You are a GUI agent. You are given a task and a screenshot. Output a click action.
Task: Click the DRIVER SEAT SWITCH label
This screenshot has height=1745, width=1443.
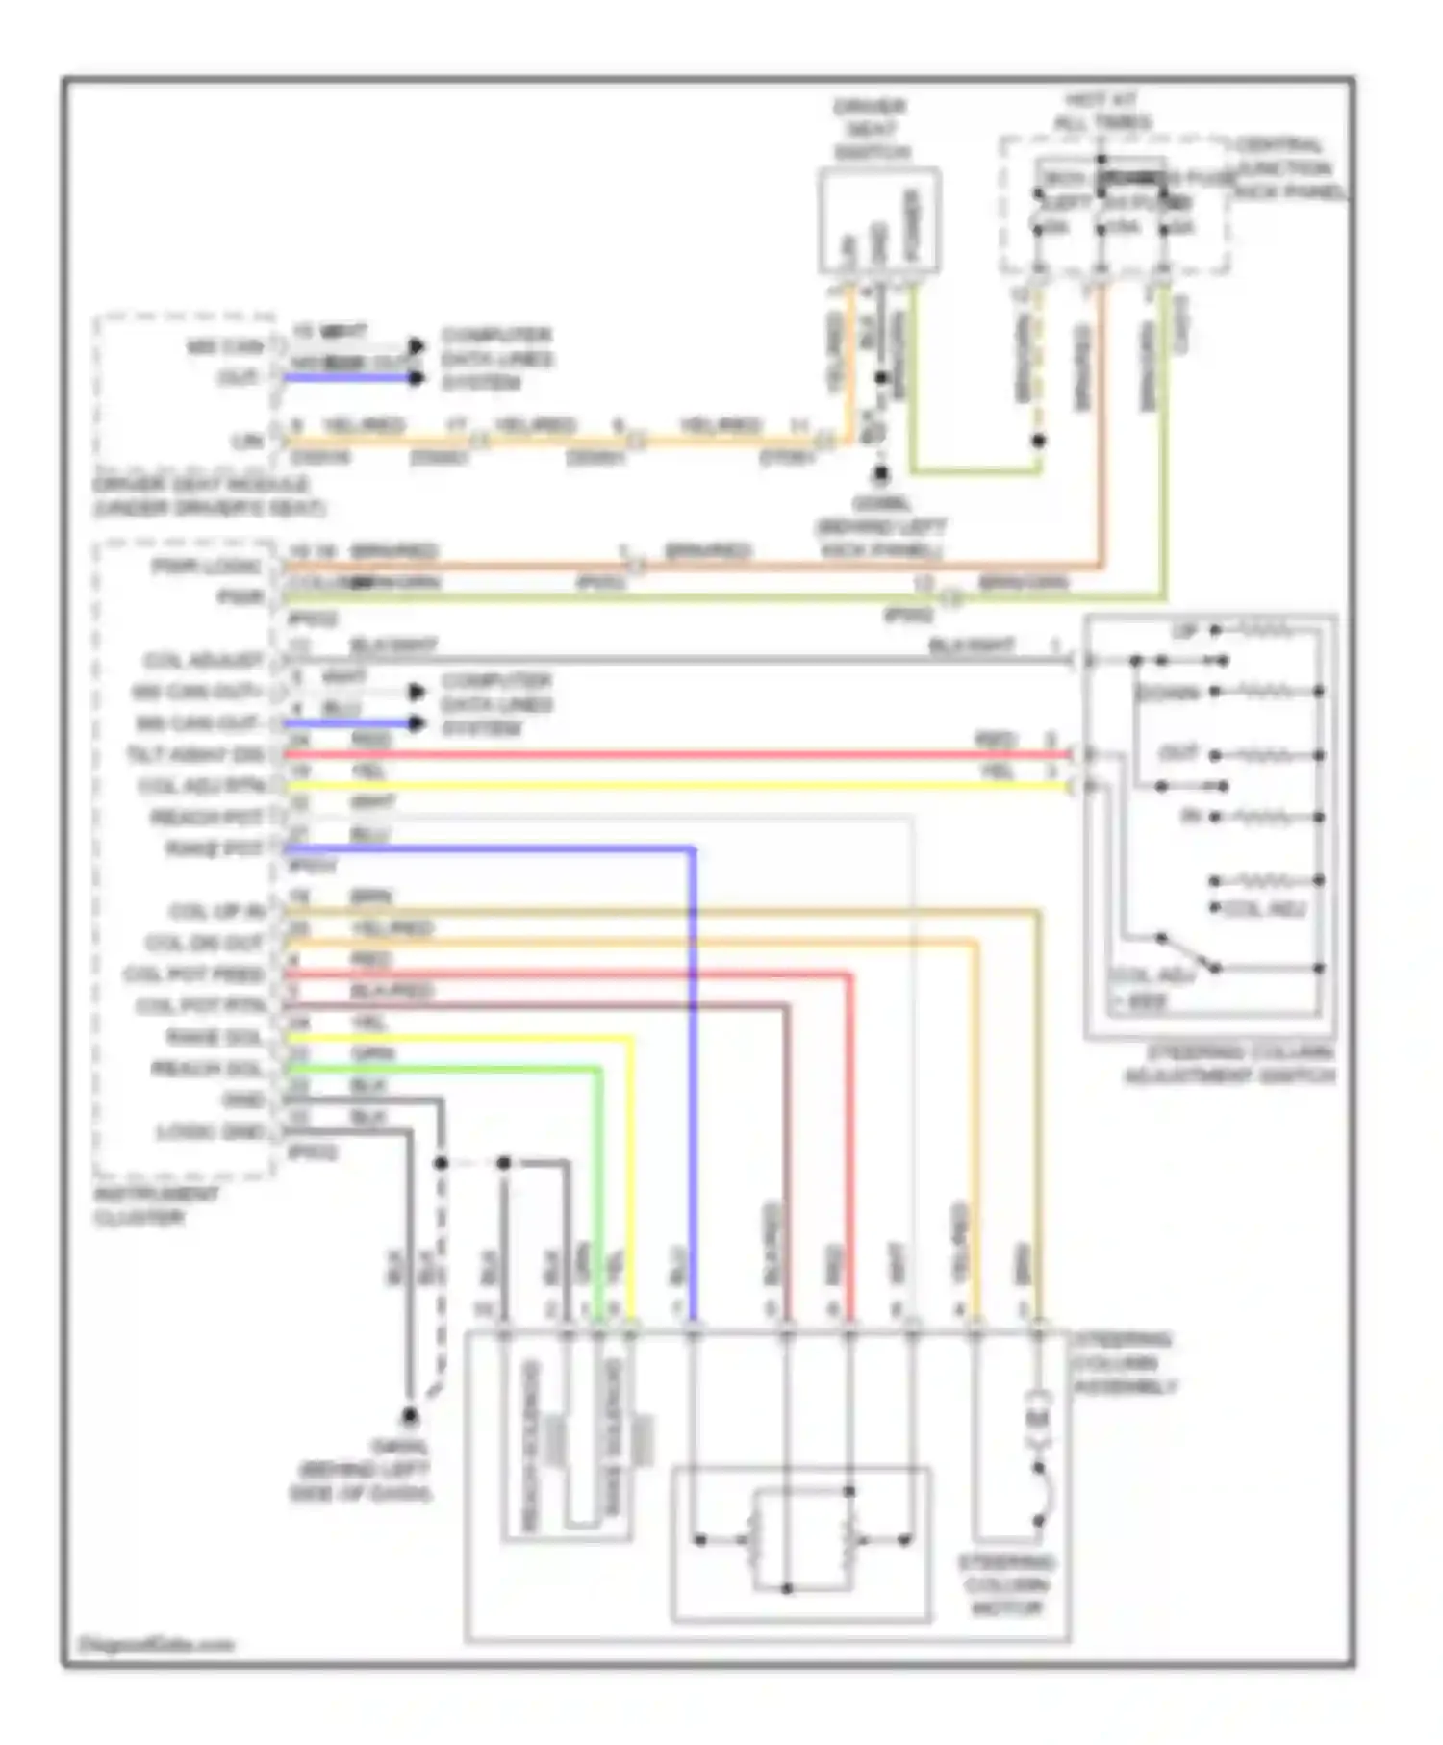[872, 129]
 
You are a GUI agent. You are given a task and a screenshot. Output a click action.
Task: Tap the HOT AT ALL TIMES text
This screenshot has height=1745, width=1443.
[1102, 111]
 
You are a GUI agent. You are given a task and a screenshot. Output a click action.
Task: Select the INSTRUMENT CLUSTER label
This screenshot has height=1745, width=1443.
[156, 1205]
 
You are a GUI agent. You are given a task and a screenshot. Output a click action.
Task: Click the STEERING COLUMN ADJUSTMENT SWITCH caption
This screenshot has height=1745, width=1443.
[1229, 1064]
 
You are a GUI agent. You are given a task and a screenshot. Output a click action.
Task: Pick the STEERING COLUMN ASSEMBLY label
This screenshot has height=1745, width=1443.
[1124, 1363]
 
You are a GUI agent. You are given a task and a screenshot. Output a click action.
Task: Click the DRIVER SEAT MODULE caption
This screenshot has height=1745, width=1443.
[208, 495]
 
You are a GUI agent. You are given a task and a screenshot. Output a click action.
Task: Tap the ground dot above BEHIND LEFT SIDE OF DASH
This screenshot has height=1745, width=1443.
[410, 1415]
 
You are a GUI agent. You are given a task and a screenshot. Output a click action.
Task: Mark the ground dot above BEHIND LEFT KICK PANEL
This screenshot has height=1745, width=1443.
[879, 474]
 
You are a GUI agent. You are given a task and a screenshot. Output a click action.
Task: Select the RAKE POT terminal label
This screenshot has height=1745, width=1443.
[214, 849]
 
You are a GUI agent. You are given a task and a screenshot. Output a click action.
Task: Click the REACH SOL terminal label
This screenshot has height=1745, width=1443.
[206, 1069]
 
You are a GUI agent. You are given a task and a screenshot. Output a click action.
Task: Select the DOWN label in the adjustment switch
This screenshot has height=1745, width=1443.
[1167, 693]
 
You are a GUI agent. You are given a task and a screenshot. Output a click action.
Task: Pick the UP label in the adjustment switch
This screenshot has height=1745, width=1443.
[1183, 631]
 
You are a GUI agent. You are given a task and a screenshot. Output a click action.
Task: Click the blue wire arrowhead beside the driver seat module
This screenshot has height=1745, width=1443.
[416, 378]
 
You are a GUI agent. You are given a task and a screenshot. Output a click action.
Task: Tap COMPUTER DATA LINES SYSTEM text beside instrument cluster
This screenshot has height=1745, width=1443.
[496, 704]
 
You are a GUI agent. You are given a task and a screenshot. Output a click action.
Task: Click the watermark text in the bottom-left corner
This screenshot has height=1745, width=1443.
[156, 1644]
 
